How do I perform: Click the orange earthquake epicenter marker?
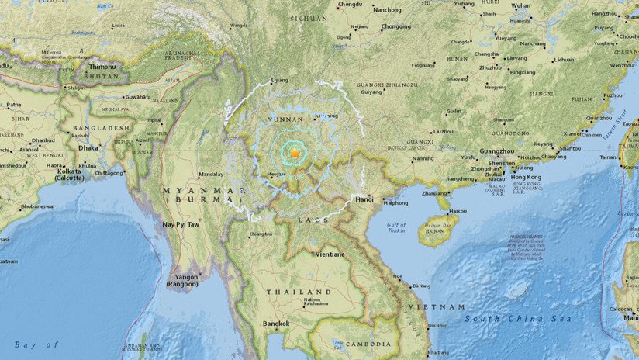click(295, 157)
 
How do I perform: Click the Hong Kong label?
click(529, 175)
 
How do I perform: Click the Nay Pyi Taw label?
click(180, 224)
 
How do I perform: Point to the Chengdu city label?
click(351, 5)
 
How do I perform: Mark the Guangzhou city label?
click(498, 151)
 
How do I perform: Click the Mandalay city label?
click(211, 175)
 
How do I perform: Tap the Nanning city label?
click(423, 158)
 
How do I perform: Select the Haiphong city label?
click(395, 203)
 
